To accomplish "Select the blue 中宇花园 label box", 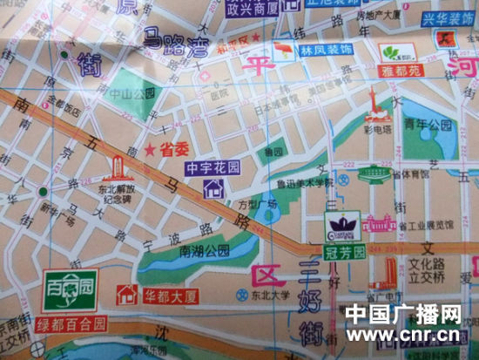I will click(x=213, y=166).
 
